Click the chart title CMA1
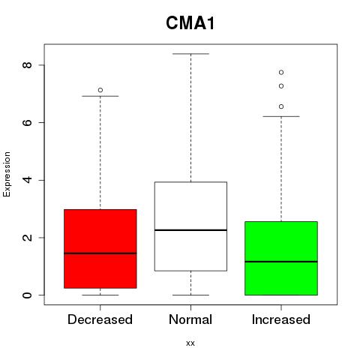190,23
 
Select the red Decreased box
100,249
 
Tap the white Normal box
190,226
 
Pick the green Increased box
281,258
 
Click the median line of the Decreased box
100,253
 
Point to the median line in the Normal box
190,230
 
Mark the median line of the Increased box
281,262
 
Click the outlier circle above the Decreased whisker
100,90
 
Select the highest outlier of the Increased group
281,72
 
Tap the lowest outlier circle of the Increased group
281,106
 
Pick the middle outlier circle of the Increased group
281,86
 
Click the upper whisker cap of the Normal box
190,54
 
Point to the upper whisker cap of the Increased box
281,116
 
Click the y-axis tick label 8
27,65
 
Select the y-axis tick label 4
27,180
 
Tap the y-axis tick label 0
27,295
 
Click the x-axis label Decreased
100,319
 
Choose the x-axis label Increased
281,319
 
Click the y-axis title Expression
7,174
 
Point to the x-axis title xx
190,343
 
